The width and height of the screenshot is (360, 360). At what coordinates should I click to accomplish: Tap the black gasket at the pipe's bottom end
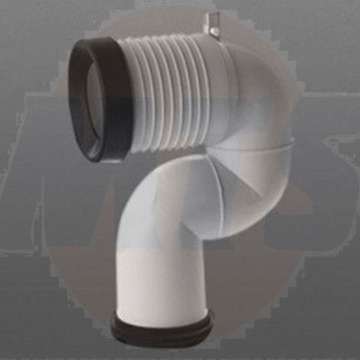pos(161,327)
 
